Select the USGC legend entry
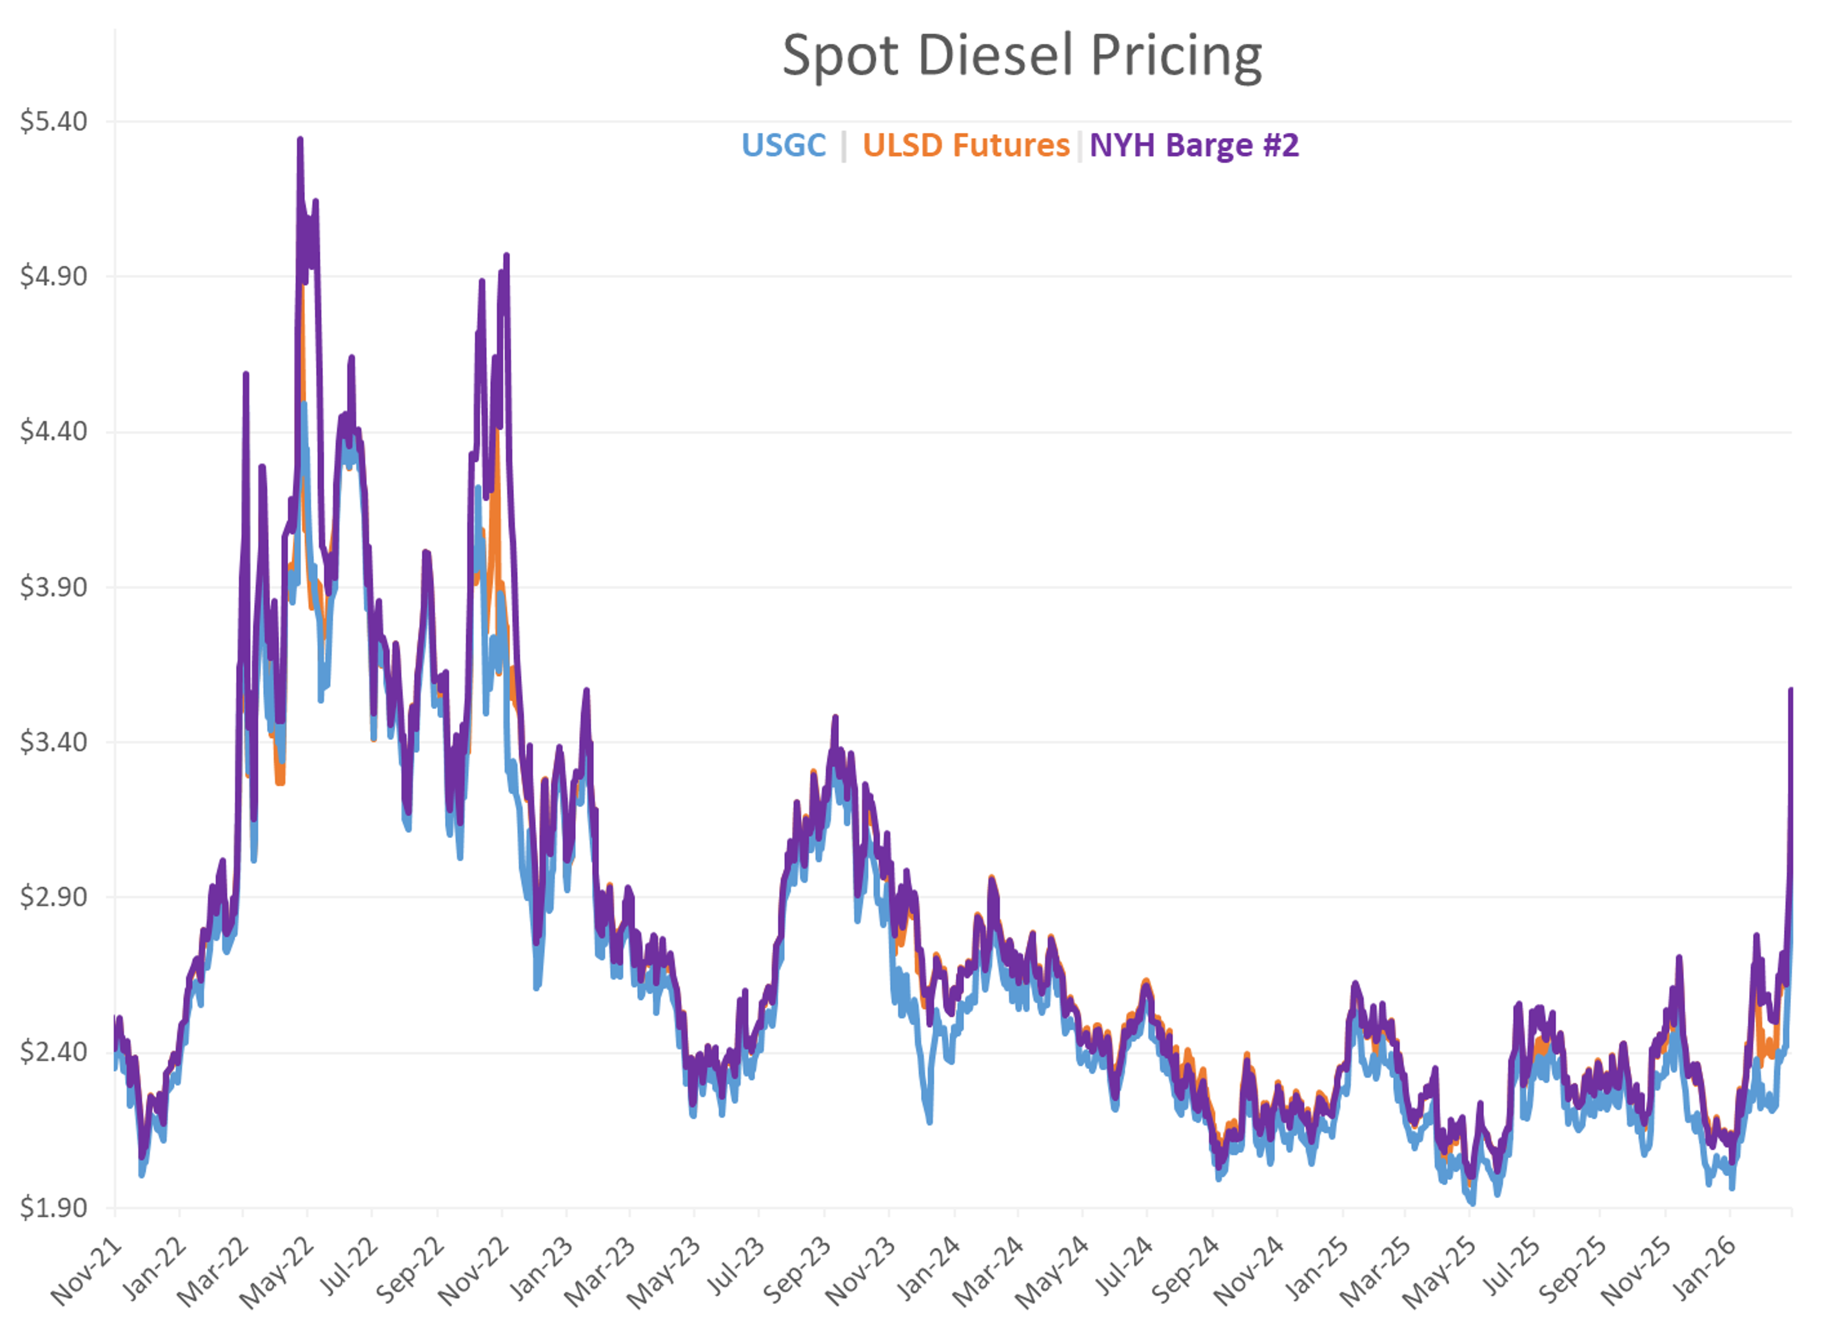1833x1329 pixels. click(783, 146)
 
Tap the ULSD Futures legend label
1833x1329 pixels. click(966, 146)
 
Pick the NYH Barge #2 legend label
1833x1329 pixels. click(1194, 146)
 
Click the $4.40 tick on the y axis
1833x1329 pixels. click(53, 432)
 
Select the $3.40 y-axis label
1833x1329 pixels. click(53, 742)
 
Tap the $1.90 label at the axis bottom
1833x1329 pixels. click(53, 1208)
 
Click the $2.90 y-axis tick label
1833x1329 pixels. click(53, 897)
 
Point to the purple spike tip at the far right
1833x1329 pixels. click(1791, 690)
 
